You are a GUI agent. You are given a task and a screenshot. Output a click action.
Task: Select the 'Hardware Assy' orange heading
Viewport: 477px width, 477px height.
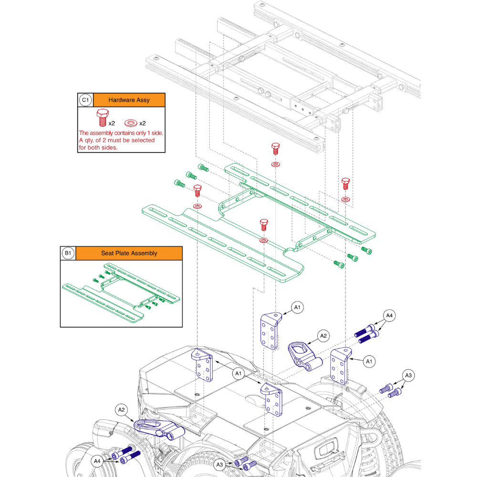click(129, 100)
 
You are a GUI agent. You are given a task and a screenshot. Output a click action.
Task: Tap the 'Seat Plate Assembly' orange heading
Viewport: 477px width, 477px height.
click(129, 253)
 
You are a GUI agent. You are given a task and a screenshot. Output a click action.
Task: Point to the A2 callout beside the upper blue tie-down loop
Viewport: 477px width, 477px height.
click(324, 335)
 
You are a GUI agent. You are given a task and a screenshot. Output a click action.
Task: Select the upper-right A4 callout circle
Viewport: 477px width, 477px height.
click(390, 315)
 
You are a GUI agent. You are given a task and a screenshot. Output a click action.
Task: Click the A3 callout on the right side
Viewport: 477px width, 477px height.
click(408, 375)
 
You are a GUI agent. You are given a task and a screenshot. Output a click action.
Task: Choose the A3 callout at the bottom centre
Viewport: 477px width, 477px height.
click(220, 464)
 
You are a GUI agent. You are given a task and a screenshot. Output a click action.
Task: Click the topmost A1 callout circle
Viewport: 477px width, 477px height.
click(297, 308)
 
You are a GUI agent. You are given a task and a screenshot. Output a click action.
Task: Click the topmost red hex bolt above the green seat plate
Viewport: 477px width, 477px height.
click(275, 147)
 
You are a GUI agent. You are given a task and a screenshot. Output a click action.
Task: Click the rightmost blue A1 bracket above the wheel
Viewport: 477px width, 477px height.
click(341, 365)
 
